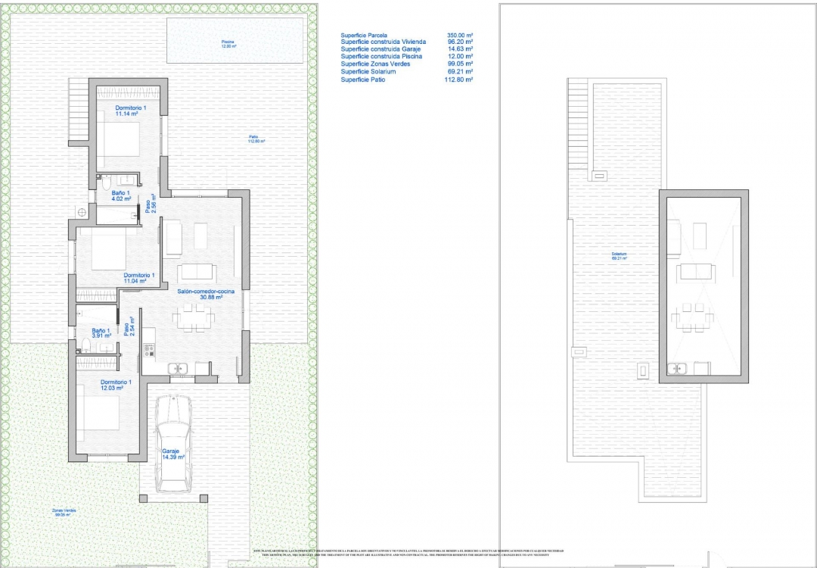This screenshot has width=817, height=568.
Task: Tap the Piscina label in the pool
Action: (228, 42)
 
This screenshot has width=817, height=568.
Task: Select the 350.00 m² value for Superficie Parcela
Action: (460, 36)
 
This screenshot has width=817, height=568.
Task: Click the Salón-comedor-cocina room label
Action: (206, 292)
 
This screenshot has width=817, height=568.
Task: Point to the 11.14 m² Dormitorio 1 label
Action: (130, 111)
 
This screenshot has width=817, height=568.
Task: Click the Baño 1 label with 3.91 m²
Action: (101, 332)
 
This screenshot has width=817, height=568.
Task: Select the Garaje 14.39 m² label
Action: (172, 454)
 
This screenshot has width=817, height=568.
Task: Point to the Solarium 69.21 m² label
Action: (620, 256)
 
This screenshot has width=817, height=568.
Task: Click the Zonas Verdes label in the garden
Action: (64, 512)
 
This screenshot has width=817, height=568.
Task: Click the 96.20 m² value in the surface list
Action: (460, 42)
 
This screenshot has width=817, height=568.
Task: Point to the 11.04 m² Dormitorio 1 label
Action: (138, 277)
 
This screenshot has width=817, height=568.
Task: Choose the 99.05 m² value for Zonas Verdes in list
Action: (460, 64)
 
